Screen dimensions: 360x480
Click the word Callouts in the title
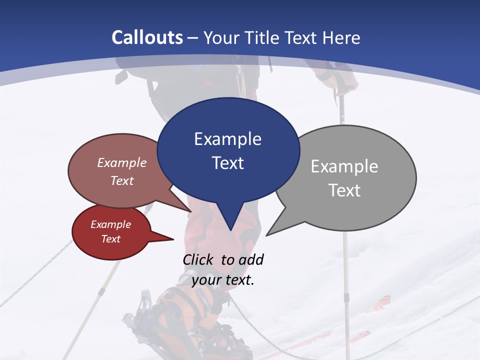[x=147, y=37]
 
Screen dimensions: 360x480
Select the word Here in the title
[x=341, y=38]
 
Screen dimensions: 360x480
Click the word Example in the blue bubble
[x=227, y=139]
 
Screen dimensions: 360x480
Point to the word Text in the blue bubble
[x=227, y=163]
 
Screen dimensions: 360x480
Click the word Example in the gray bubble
[x=344, y=166]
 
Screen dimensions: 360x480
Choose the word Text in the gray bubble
[x=344, y=190]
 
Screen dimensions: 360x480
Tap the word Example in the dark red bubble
[x=110, y=224]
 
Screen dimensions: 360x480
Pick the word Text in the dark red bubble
[x=110, y=239]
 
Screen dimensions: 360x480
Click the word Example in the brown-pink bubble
[x=122, y=163]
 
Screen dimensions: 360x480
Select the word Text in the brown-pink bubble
[x=122, y=180]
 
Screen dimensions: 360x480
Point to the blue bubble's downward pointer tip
[x=230, y=230]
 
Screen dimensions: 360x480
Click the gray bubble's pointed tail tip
[x=266, y=235]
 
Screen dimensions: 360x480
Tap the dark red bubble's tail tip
[x=173, y=239]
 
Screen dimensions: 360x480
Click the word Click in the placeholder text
[x=198, y=259]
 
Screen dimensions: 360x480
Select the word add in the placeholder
[x=251, y=259]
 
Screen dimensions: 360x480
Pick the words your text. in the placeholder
[x=223, y=280]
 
